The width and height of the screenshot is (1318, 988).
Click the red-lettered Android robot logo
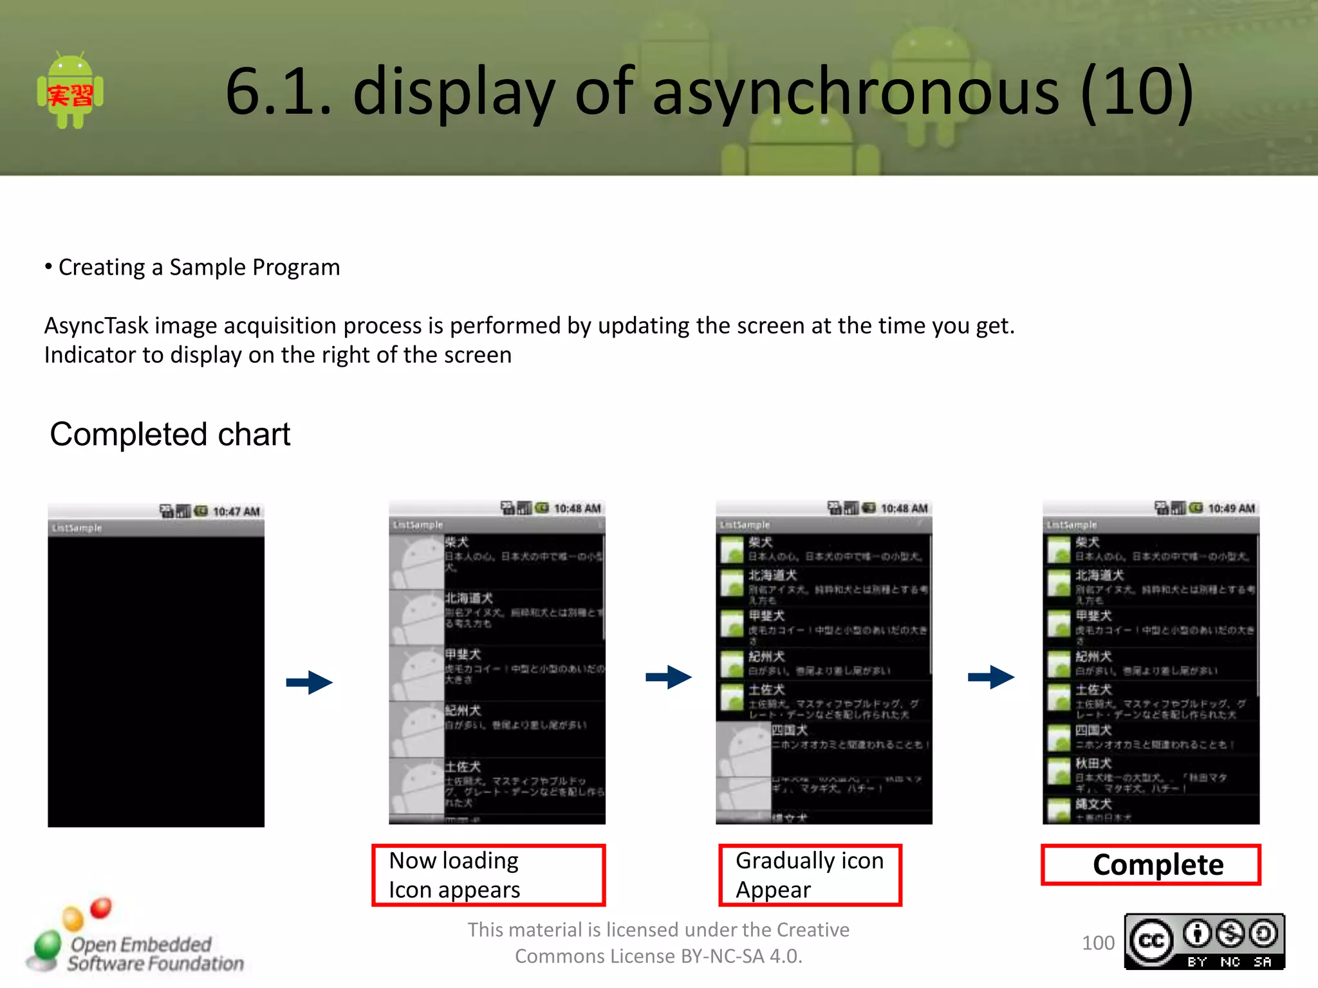[70, 91]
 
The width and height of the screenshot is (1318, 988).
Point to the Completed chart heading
[170, 434]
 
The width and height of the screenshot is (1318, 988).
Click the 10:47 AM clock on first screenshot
[236, 512]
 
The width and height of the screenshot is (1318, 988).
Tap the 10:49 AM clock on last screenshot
[1231, 509]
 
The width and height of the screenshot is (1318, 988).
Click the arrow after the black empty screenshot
[310, 682]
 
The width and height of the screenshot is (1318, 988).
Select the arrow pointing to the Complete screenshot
[991, 677]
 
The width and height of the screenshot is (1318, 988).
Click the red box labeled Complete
[1151, 865]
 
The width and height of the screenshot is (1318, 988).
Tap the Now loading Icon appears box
[488, 875]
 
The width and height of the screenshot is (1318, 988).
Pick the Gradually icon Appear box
[810, 875]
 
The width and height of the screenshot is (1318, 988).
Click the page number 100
[1098, 943]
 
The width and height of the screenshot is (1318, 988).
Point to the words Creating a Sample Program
[199, 268]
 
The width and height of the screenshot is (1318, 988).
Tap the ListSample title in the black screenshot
[77, 528]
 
